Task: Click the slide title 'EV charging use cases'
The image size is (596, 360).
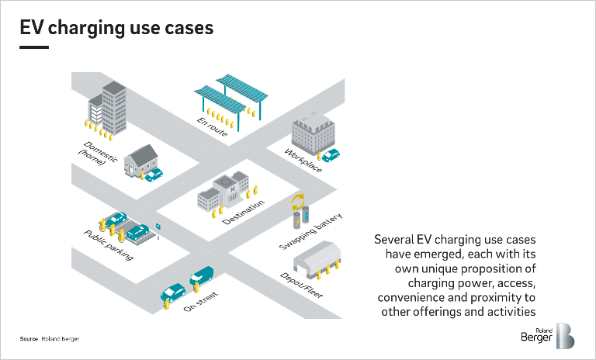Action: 116,28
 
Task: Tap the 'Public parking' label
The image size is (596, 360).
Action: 109,244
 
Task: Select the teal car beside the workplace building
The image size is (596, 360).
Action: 331,154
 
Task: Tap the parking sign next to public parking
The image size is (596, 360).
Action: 158,227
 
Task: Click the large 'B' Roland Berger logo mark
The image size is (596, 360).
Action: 565,334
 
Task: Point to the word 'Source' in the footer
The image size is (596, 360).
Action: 29,339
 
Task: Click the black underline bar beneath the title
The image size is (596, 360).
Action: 34,47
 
